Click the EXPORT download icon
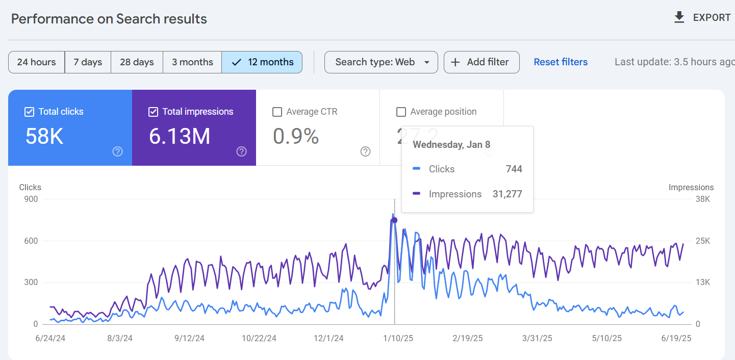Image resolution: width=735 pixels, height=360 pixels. [x=679, y=17]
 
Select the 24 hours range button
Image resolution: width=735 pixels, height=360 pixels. [x=36, y=62]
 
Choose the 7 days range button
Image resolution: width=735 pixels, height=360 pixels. [x=88, y=62]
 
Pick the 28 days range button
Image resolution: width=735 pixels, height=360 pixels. [x=137, y=62]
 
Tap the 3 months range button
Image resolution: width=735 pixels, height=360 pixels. [x=192, y=62]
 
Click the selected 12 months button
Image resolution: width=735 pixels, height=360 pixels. [x=262, y=62]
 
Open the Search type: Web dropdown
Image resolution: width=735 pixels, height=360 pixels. [x=381, y=62]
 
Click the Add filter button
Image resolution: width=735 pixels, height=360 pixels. [x=481, y=62]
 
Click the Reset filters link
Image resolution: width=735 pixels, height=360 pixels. [x=561, y=62]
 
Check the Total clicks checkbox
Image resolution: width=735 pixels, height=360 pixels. [x=30, y=112]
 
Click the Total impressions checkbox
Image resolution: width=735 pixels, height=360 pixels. [x=153, y=112]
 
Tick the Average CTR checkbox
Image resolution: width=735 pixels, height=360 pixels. [x=277, y=112]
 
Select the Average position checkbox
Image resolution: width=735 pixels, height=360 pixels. [x=401, y=112]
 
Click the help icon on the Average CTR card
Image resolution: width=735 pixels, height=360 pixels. [x=365, y=151]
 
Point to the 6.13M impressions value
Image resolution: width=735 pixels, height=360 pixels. [x=180, y=136]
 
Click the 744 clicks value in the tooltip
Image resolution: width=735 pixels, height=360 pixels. [x=514, y=169]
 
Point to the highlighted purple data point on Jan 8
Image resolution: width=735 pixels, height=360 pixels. [x=394, y=220]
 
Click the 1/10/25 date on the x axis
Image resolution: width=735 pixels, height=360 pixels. [x=398, y=338]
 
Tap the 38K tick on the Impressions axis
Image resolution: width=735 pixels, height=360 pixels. [x=702, y=199]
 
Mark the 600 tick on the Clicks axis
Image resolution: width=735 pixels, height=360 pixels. [x=31, y=241]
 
